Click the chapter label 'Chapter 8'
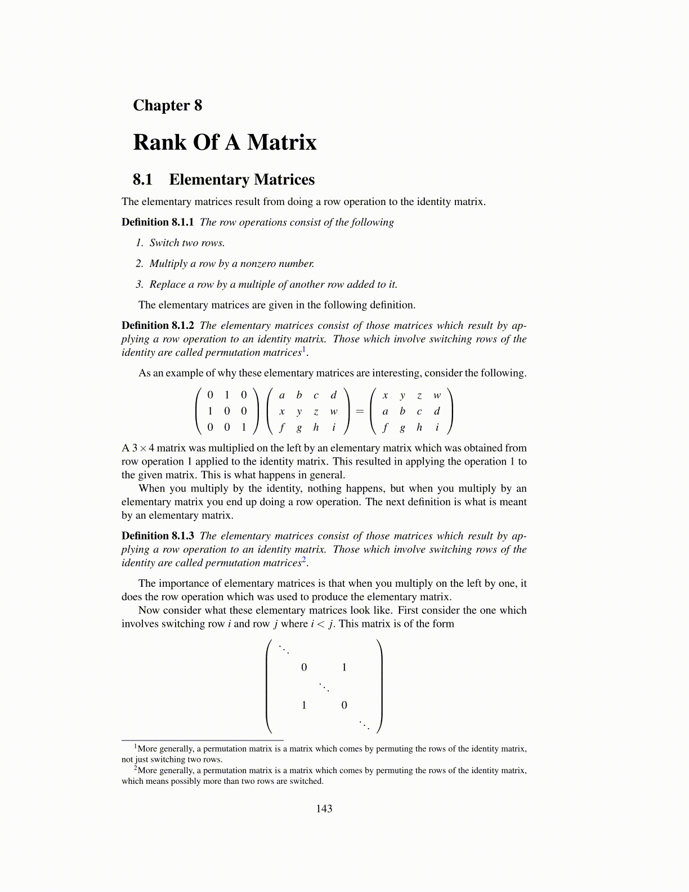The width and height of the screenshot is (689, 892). point(167,105)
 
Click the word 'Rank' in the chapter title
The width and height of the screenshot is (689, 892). point(159,142)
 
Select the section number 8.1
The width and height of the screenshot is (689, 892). point(142,180)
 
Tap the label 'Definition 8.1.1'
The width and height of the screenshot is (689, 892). point(158,222)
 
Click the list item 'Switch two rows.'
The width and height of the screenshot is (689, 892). point(187,243)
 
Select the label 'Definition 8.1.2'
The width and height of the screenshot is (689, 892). point(158,325)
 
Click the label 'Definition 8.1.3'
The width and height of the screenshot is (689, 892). point(158,536)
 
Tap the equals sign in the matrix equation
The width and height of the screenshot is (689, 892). point(360,412)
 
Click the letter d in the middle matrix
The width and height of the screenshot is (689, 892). point(334,395)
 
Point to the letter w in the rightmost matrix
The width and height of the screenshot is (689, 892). point(437,395)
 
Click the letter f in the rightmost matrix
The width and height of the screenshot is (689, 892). point(385,427)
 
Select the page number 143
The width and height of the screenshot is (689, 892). point(324,809)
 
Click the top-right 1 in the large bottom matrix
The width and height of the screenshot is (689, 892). point(344,668)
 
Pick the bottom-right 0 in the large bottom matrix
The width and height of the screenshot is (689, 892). point(344,705)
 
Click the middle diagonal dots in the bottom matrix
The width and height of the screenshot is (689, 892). point(324,687)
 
